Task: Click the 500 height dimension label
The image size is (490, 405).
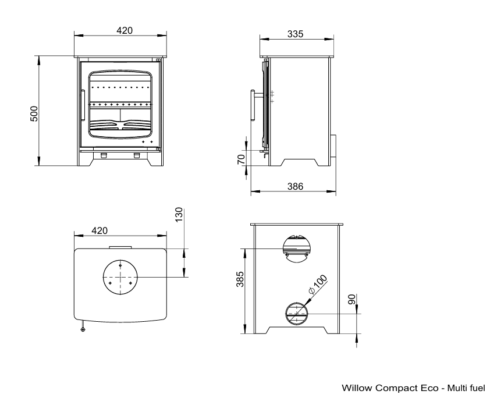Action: click(x=34, y=113)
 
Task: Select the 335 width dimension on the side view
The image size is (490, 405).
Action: click(x=295, y=34)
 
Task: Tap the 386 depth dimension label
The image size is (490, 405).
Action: click(x=295, y=187)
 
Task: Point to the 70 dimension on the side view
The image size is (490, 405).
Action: click(x=242, y=159)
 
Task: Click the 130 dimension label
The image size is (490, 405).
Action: click(x=179, y=215)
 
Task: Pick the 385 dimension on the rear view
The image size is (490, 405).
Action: click(x=240, y=279)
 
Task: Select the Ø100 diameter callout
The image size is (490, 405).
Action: click(x=318, y=284)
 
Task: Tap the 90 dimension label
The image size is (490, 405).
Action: click(x=352, y=299)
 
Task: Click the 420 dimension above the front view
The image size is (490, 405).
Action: click(x=125, y=30)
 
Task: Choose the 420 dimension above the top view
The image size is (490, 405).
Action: click(x=100, y=230)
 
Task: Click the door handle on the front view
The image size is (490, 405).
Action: click(x=83, y=105)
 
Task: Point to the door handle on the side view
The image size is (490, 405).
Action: click(x=253, y=105)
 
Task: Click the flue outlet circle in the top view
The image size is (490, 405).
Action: click(x=120, y=277)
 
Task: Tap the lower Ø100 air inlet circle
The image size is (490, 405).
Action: click(x=297, y=314)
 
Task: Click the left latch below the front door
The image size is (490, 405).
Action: click(x=104, y=155)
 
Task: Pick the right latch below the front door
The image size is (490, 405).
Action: click(x=137, y=155)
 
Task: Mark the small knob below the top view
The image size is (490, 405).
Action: click(x=83, y=329)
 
